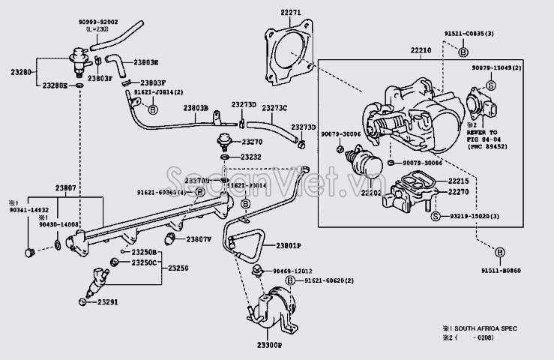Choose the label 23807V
[x=199, y=239]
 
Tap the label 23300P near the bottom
[x=265, y=346]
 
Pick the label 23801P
[x=287, y=245]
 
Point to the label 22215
[x=459, y=181]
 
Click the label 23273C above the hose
[x=274, y=108]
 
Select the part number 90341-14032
[x=28, y=211]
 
